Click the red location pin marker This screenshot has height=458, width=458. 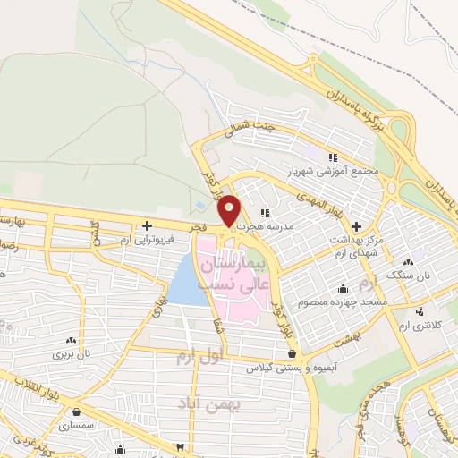coord(229,209)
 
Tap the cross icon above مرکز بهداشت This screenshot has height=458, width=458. coord(357,227)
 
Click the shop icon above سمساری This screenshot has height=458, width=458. coord(79,413)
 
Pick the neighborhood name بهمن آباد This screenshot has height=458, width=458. coord(207,400)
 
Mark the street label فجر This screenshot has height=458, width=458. coord(198,228)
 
